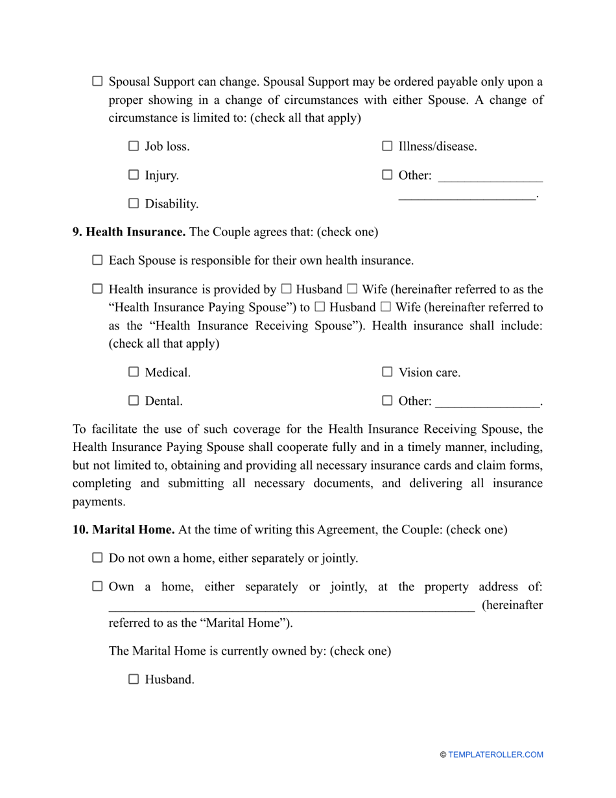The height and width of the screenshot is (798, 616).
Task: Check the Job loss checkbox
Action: (134, 146)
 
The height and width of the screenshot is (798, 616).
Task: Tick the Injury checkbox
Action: (134, 175)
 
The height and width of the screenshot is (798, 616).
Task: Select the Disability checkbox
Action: (134, 203)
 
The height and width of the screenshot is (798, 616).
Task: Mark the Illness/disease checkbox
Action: (387, 146)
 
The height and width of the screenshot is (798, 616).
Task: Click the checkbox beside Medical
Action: (134, 372)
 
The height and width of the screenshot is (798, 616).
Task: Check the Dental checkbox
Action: (134, 400)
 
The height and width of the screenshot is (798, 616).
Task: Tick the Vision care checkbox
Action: (387, 372)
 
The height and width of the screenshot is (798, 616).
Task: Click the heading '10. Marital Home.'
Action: (123, 529)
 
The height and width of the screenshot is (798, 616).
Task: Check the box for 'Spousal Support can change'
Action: (97, 81)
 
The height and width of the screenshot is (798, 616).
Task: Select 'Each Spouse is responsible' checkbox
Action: (97, 260)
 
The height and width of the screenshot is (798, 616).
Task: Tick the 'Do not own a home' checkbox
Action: (97, 557)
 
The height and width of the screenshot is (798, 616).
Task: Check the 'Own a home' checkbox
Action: (97, 586)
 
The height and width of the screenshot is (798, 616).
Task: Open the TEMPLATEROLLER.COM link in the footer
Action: (495, 755)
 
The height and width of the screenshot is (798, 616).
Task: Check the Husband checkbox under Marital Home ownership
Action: (134, 679)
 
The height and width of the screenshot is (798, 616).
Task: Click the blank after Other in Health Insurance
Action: (487, 402)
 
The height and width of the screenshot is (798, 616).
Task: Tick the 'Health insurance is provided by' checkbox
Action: (97, 289)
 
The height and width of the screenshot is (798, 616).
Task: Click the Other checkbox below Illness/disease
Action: (387, 175)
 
